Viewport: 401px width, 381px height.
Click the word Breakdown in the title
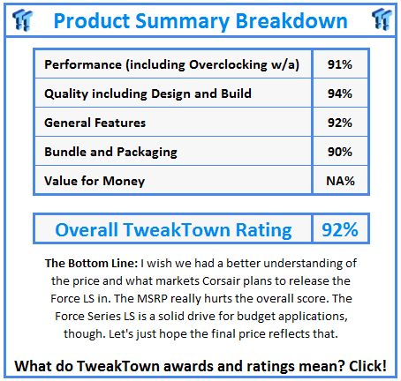tap(295, 20)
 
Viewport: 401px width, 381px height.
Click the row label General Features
tap(95, 123)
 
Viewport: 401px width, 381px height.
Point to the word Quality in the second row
tap(66, 94)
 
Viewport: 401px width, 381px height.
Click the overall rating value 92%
tap(339, 230)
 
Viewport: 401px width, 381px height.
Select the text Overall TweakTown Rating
tap(173, 230)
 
